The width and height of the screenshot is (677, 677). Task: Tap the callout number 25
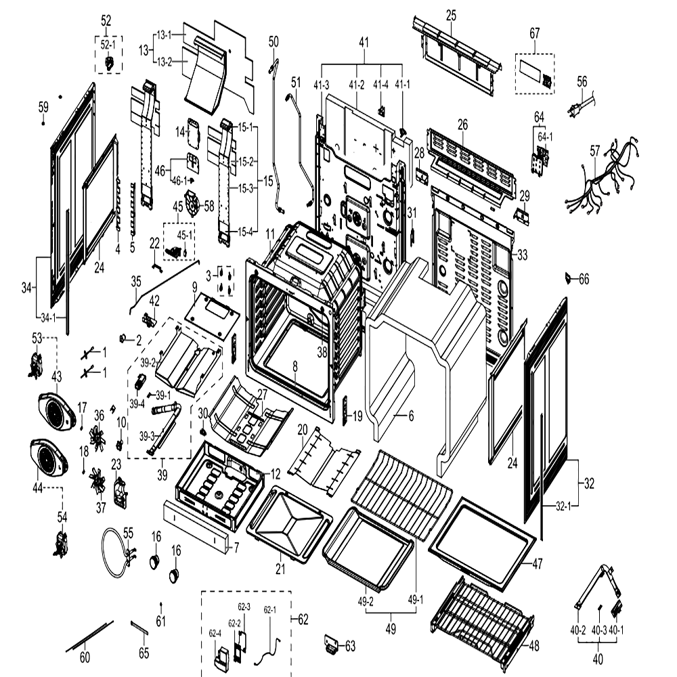point(451,16)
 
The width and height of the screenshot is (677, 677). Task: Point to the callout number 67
point(535,33)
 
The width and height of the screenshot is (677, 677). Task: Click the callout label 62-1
point(270,610)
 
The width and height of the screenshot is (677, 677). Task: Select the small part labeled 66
point(569,277)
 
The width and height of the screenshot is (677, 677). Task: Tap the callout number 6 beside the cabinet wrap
point(411,416)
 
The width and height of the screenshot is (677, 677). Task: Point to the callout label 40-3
point(599,630)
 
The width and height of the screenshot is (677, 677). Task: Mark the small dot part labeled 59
point(43,123)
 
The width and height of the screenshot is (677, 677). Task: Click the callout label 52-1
point(108,45)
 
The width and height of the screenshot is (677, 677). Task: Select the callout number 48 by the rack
point(534,645)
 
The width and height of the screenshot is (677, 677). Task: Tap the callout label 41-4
point(380,85)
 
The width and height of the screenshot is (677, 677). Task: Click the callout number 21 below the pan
point(280,569)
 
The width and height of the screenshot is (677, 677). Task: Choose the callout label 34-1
point(48,318)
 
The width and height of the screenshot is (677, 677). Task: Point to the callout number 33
point(523,255)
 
